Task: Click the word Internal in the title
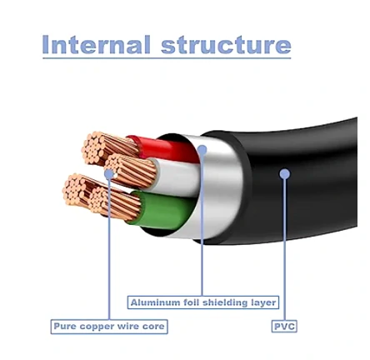click(96, 44)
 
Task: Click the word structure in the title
click(226, 45)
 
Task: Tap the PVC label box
click(284, 326)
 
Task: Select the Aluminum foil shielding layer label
click(203, 302)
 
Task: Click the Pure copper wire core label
click(109, 327)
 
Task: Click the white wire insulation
click(175, 177)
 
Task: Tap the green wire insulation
click(164, 210)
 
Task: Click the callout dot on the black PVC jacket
click(284, 174)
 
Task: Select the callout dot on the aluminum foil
click(202, 150)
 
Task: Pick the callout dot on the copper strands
click(109, 174)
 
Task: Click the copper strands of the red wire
click(110, 148)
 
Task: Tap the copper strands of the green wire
click(115, 203)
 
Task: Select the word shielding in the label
click(225, 302)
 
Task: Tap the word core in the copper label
click(153, 327)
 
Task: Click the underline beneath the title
click(167, 58)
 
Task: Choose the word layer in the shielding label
click(263, 302)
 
